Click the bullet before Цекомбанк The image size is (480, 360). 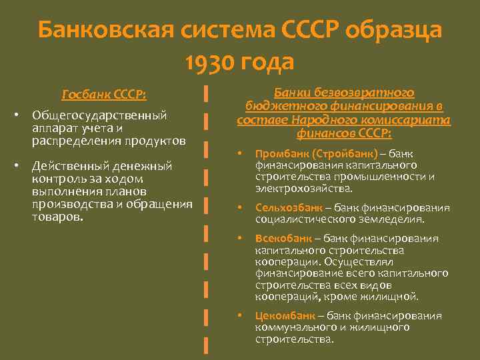pos(241,316)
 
